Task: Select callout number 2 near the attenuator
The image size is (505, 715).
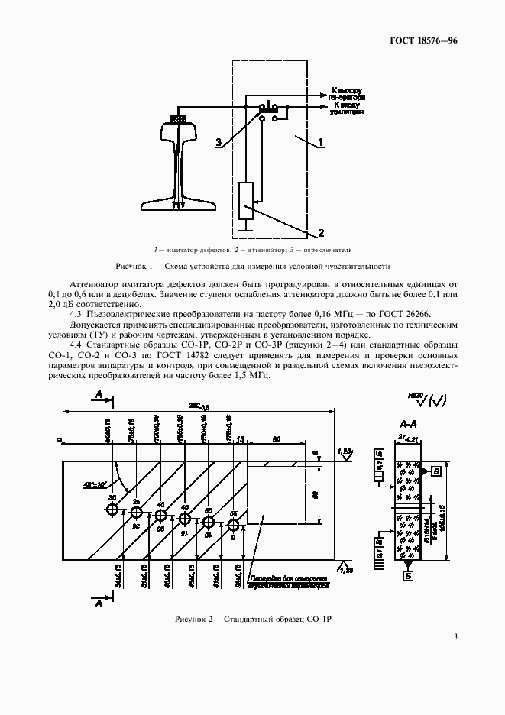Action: [322, 232]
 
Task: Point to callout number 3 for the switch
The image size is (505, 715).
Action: [219, 142]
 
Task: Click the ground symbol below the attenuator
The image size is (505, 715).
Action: [246, 225]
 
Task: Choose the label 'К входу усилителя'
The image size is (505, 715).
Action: [348, 108]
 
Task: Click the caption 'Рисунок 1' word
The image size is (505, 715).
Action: [133, 267]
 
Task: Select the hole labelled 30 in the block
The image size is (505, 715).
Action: [112, 509]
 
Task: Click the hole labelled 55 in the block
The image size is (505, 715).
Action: [234, 524]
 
